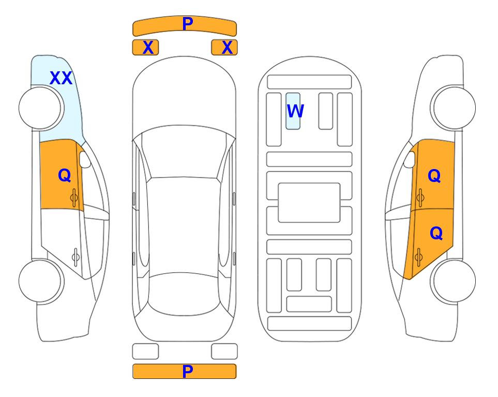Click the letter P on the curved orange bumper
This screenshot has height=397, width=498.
click(187, 23)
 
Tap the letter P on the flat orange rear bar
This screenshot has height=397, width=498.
click(187, 371)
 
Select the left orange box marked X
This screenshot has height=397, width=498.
click(145, 48)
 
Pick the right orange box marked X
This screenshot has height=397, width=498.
click(224, 48)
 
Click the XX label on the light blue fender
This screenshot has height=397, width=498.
click(61, 78)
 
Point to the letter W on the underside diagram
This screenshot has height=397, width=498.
click(295, 111)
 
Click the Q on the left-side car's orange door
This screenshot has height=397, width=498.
click(65, 175)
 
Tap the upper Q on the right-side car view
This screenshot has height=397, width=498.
click(434, 176)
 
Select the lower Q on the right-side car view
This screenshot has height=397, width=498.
click(436, 234)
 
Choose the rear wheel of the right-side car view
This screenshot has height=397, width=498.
click(453, 281)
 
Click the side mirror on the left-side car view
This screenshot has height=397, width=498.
click(85, 159)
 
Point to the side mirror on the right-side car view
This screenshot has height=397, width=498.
click(410, 159)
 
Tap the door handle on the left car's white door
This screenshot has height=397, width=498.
click(76, 256)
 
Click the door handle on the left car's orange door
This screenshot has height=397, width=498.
click(74, 197)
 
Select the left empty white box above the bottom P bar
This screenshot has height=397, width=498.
click(145, 352)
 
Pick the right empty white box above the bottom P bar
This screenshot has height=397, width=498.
click(224, 352)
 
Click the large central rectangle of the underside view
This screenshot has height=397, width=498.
click(309, 203)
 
